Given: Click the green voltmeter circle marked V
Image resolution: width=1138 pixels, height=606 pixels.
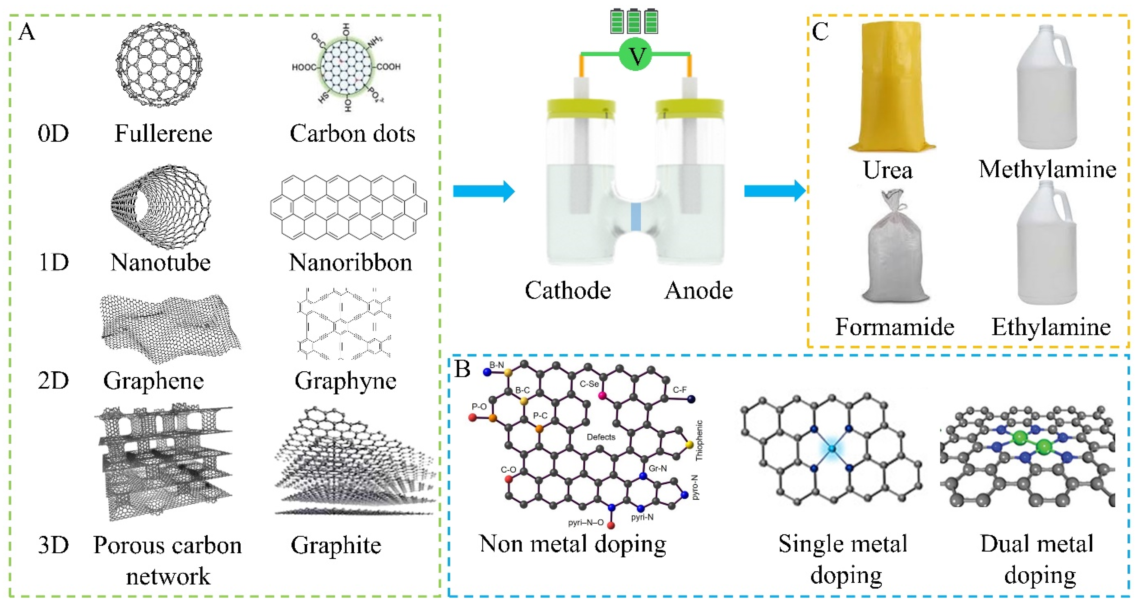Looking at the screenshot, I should tap(635, 55).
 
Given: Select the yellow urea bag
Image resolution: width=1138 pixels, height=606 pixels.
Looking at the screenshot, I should tap(891, 86).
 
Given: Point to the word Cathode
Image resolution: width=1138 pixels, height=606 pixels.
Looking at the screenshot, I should tap(567, 290).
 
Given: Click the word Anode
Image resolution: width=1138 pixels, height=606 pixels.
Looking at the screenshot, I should tap(698, 290).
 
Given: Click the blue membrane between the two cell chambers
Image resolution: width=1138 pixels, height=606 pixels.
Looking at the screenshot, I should tap(635, 216).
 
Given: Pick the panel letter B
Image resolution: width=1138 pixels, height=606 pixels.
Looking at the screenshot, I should tap(462, 369).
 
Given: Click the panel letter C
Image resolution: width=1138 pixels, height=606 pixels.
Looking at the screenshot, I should tap(820, 32).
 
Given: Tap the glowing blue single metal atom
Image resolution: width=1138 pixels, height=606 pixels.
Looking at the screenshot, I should tap(832, 449).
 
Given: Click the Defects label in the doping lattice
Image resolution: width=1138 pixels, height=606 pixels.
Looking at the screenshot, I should tap(601, 437).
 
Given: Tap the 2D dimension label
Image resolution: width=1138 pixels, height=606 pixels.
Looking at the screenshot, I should tap(53, 380).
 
